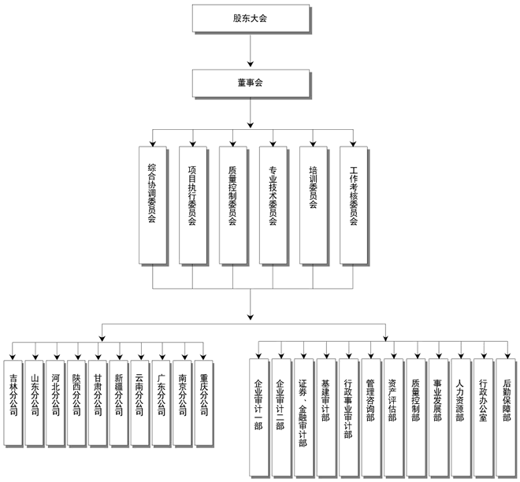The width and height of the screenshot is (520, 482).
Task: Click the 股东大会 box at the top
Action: click(x=250, y=17)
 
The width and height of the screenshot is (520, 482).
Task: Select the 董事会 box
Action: click(x=250, y=83)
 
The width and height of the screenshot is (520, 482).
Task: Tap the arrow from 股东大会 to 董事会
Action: click(x=250, y=50)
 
